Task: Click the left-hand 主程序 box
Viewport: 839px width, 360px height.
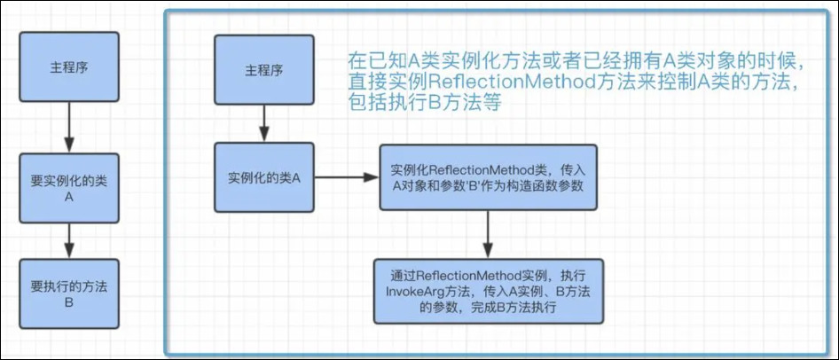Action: [69, 67]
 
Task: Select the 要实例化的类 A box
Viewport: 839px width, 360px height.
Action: [69, 188]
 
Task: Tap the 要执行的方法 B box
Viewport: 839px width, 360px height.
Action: [69, 293]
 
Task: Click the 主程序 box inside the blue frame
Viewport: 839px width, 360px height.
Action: [263, 69]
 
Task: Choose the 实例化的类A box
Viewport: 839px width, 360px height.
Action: [263, 177]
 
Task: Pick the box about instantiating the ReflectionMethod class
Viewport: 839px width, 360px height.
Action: [488, 177]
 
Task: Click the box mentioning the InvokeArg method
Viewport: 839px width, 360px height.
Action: [488, 292]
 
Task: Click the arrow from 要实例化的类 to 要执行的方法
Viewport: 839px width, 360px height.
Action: [69, 240]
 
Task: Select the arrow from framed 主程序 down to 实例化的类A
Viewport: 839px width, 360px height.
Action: [263, 123]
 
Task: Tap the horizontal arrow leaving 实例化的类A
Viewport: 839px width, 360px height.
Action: [347, 177]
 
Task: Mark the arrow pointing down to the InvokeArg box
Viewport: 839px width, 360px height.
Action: [487, 235]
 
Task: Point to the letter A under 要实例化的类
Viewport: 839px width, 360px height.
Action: [68, 196]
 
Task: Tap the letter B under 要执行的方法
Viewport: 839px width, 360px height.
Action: [68, 302]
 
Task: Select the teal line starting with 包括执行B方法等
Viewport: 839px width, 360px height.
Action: [424, 102]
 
